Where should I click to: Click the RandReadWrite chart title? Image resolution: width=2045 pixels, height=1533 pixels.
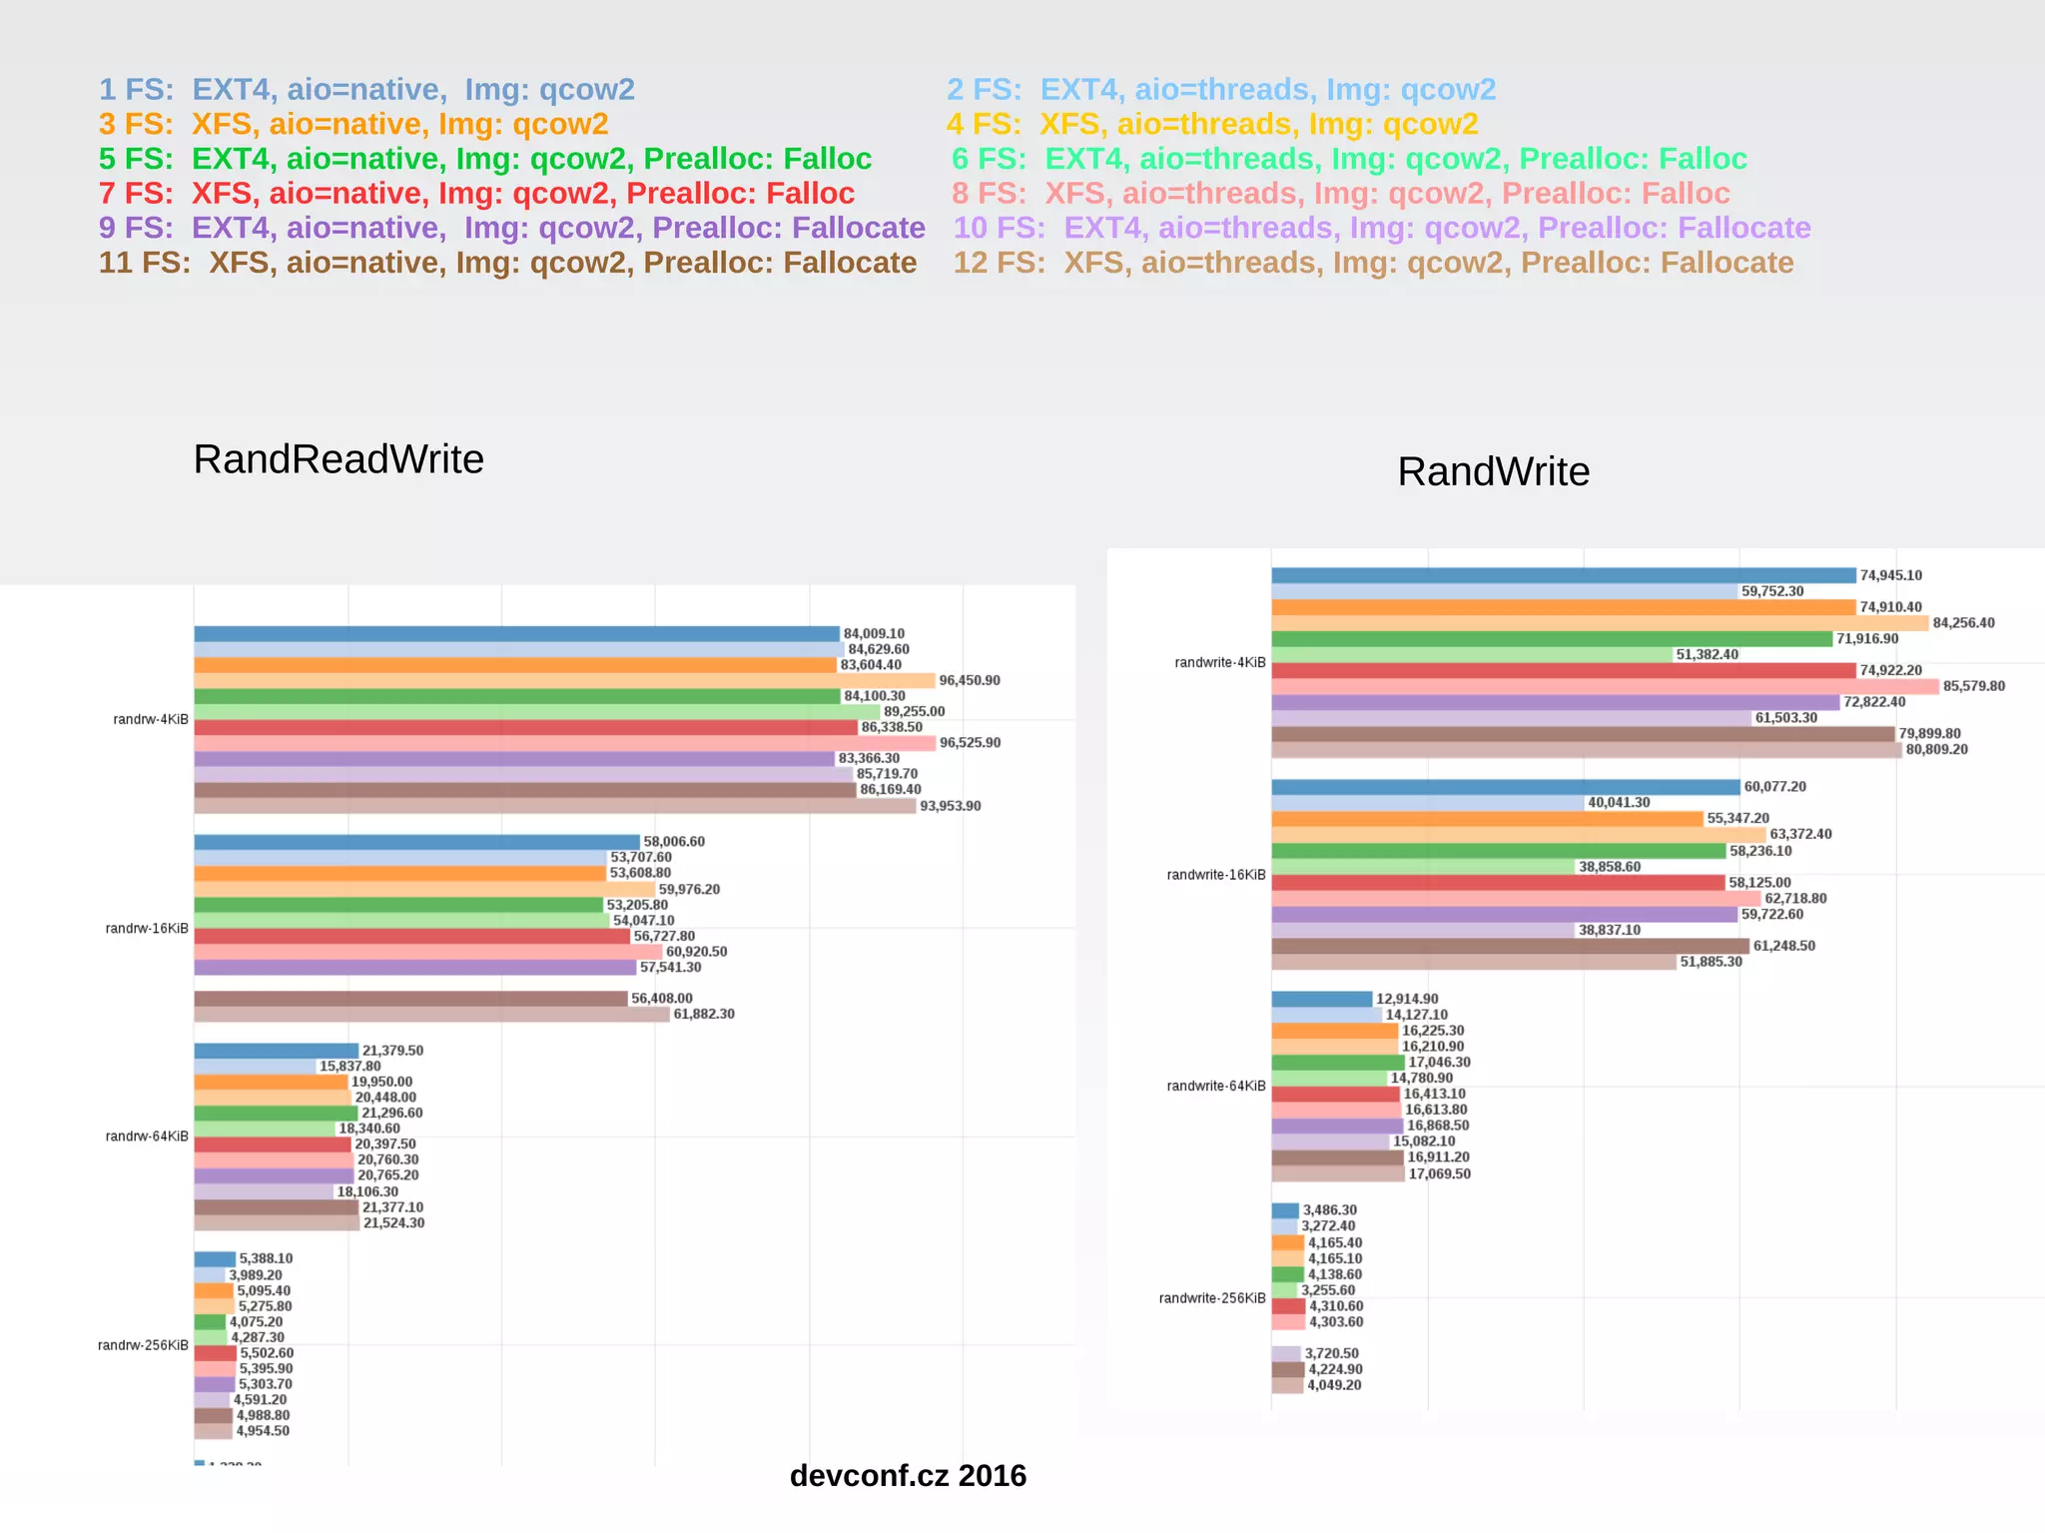click(x=339, y=459)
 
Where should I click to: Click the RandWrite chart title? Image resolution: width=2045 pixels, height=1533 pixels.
click(x=1493, y=471)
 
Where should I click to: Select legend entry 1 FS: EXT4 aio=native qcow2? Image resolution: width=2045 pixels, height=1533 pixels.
click(x=366, y=90)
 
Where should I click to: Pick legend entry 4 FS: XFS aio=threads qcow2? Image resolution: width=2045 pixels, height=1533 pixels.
click(x=1211, y=124)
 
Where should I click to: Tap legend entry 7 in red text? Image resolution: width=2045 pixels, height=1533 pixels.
click(x=476, y=193)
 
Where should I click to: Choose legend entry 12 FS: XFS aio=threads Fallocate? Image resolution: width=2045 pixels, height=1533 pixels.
click(x=1373, y=263)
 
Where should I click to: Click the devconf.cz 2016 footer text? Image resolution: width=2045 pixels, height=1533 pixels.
click(x=907, y=1475)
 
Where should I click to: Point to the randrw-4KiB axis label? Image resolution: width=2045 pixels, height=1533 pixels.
click(x=151, y=719)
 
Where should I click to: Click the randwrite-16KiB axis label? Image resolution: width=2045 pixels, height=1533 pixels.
click(x=1215, y=875)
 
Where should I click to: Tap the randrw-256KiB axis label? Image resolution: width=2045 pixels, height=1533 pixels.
click(x=143, y=1345)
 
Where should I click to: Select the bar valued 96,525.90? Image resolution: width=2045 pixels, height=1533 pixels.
click(x=564, y=743)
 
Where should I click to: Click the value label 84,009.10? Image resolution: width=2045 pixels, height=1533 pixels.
click(x=874, y=633)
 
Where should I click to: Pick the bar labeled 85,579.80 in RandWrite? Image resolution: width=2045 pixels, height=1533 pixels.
click(x=1605, y=686)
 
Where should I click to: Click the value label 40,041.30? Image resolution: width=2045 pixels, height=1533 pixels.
click(x=1619, y=802)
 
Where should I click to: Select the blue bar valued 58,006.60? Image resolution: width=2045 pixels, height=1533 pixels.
click(x=416, y=842)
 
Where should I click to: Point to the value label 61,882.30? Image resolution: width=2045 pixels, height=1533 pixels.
click(x=704, y=1014)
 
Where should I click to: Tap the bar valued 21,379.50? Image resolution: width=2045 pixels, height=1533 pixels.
click(x=276, y=1051)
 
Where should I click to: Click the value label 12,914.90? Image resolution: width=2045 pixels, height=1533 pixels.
click(x=1407, y=999)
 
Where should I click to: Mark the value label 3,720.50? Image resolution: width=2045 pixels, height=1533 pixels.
click(x=1331, y=1353)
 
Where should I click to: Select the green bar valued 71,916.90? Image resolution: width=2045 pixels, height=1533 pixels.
click(x=1552, y=639)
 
